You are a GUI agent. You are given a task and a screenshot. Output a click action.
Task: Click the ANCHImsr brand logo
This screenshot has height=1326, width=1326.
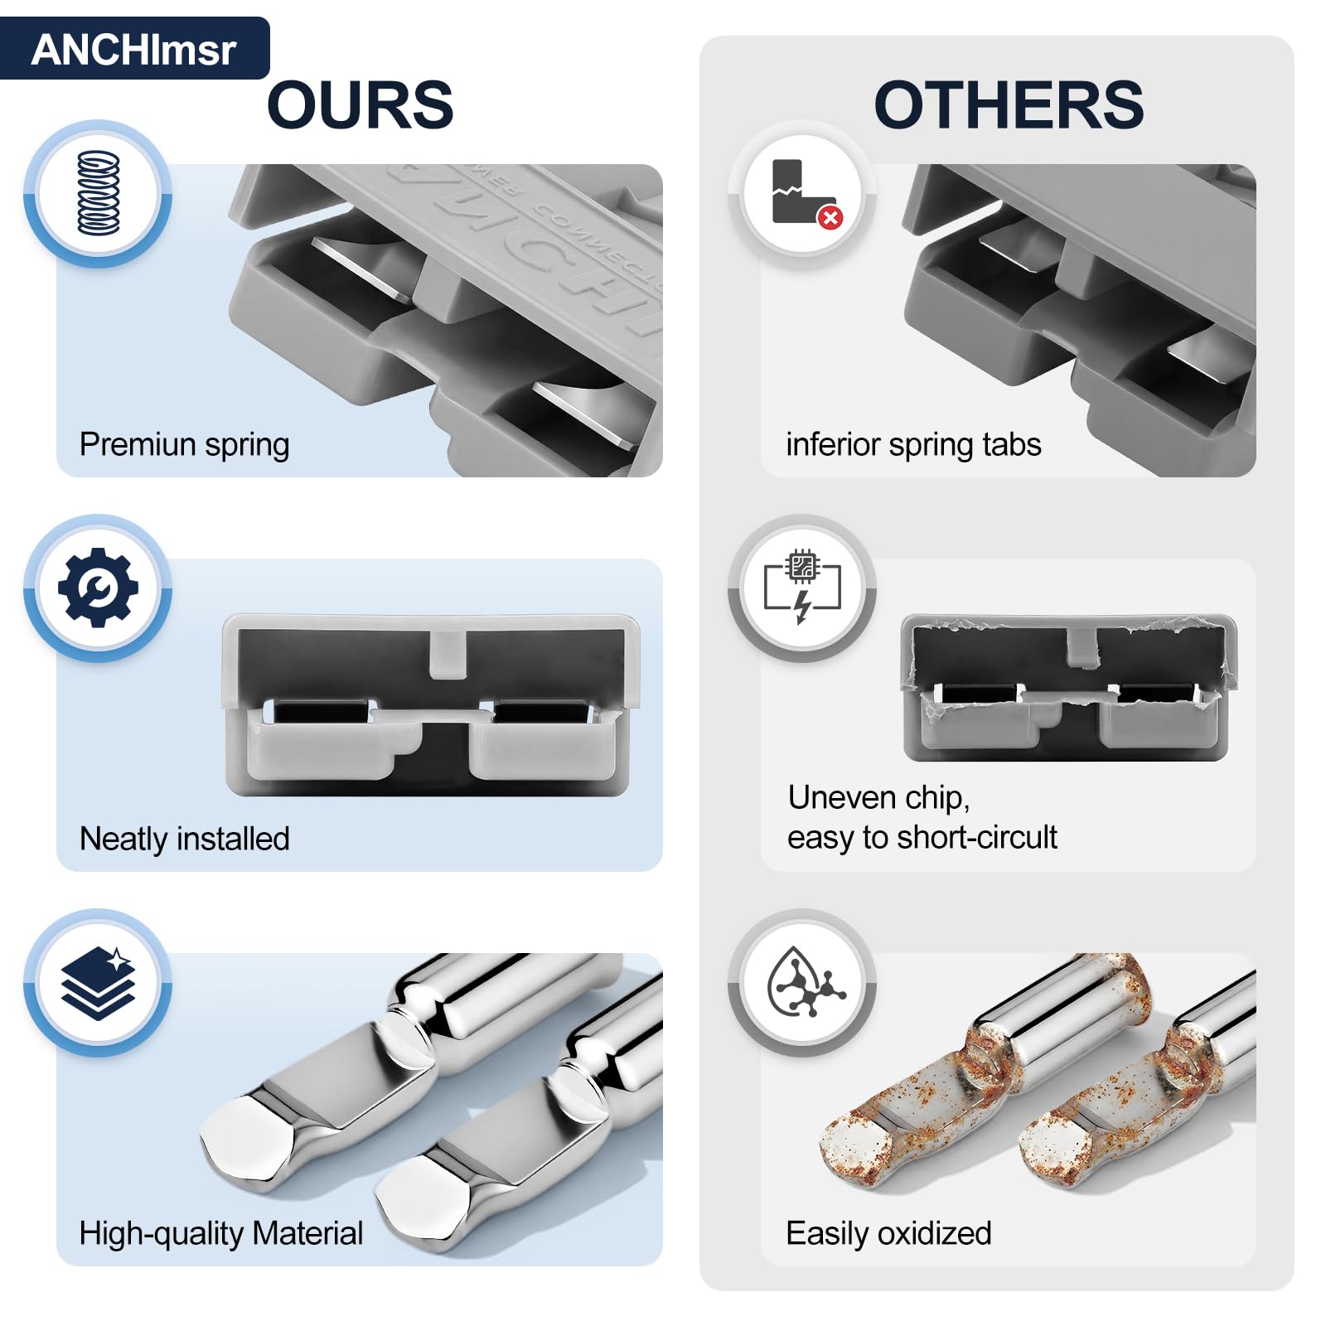click(133, 50)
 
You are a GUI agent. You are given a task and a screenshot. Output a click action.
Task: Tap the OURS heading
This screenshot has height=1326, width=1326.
click(361, 105)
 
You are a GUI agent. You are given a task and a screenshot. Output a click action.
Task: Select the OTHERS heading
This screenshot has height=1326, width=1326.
click(1009, 105)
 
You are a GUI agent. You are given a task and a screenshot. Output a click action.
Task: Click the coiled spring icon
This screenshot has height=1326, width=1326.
click(99, 193)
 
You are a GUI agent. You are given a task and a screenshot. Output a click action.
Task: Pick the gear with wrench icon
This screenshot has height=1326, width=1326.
click(98, 588)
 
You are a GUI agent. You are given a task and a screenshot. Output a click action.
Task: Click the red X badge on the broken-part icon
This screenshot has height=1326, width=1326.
click(830, 217)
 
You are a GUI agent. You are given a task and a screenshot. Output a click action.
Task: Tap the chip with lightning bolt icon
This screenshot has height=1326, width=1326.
click(802, 586)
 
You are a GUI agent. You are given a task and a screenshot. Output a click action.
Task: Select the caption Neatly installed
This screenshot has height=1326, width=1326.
click(185, 839)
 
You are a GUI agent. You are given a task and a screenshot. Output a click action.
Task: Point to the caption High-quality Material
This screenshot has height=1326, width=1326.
click(221, 1233)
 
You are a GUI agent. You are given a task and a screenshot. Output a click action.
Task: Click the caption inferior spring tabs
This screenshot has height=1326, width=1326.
click(913, 445)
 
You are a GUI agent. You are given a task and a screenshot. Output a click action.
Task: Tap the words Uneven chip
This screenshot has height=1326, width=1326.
click(878, 797)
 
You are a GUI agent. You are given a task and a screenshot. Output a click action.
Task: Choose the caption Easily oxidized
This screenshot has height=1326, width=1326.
click(888, 1233)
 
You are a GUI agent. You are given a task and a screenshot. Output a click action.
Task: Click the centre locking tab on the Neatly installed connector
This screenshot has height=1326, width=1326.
click(448, 655)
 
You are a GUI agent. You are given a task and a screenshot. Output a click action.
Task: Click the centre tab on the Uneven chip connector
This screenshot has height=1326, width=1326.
click(1082, 646)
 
